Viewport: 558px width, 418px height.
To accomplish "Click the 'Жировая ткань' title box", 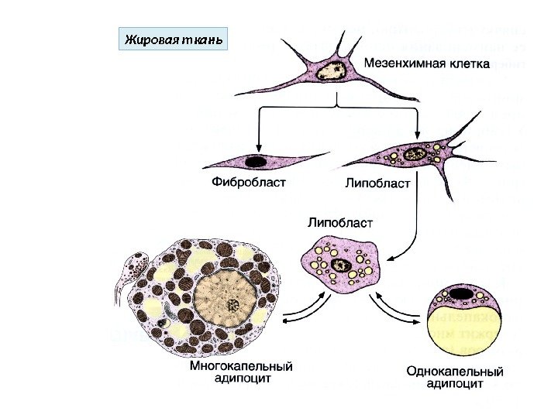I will click(x=171, y=39).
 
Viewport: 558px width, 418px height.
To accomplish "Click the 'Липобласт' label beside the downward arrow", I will click(x=377, y=185).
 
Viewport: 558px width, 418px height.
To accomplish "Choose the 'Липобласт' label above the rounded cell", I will click(x=341, y=223).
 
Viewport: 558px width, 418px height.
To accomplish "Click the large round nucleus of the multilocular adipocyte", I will click(x=226, y=301).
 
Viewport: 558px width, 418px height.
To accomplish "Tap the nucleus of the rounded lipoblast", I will click(x=340, y=266).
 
